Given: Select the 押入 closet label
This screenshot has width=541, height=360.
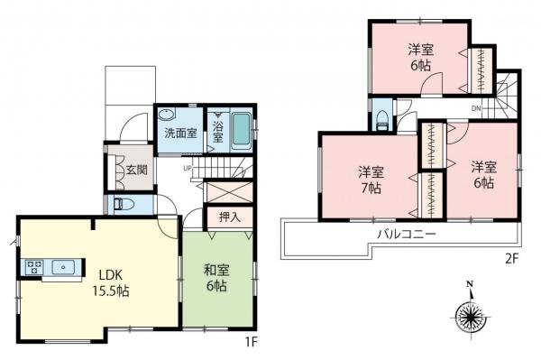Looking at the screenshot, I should (228, 217).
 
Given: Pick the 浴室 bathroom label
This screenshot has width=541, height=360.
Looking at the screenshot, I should (218, 132).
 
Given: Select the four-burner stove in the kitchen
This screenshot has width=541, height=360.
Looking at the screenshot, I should (34, 266).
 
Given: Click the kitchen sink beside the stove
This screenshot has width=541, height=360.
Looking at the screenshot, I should (66, 266).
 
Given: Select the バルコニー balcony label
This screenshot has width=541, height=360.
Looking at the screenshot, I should (406, 234).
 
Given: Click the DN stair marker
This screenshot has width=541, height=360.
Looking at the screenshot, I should (475, 109).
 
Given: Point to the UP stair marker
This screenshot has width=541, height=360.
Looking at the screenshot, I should (188, 168).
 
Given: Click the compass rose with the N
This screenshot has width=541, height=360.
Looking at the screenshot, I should (471, 316).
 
